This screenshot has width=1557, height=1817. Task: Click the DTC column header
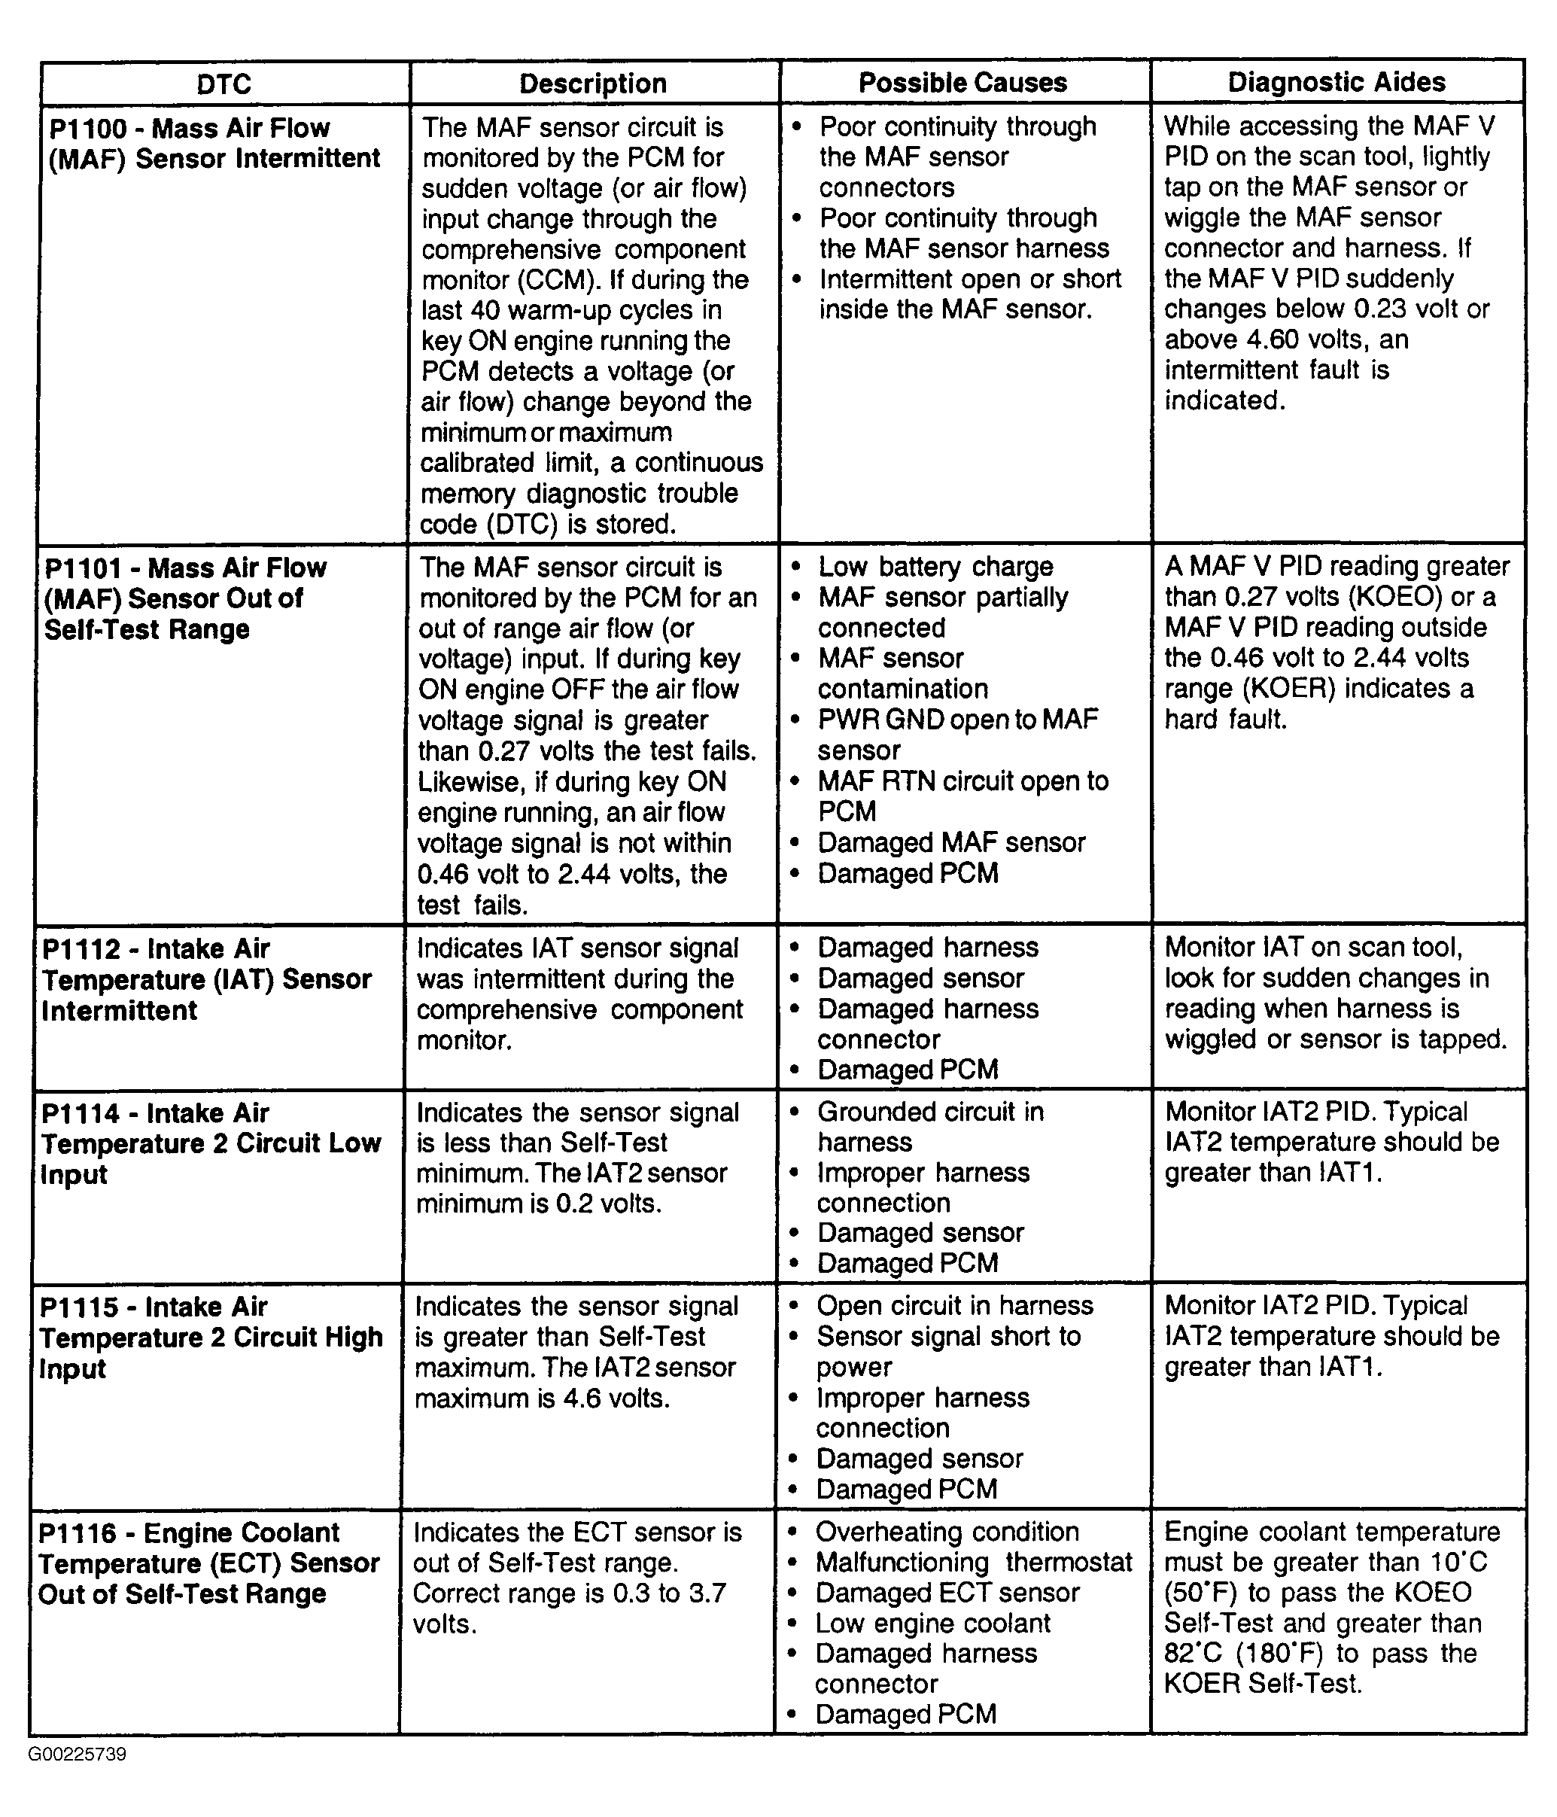click(x=224, y=84)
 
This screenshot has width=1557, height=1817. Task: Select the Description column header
click(x=593, y=84)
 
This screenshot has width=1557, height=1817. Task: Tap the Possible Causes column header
click(x=962, y=83)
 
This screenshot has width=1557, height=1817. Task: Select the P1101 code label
click(x=84, y=568)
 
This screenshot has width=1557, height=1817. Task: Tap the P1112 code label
click(x=81, y=949)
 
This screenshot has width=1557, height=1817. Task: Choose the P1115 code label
click(x=79, y=1307)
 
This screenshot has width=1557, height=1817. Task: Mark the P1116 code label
click(x=78, y=1533)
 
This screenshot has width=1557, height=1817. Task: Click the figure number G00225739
click(x=78, y=1754)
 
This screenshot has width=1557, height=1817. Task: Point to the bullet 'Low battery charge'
click(x=935, y=568)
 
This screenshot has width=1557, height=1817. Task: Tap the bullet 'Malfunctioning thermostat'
click(x=973, y=1562)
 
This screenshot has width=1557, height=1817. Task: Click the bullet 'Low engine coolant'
click(x=933, y=1624)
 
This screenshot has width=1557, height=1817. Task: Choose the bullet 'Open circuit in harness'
click(x=955, y=1306)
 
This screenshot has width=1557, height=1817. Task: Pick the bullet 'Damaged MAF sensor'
click(x=951, y=843)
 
